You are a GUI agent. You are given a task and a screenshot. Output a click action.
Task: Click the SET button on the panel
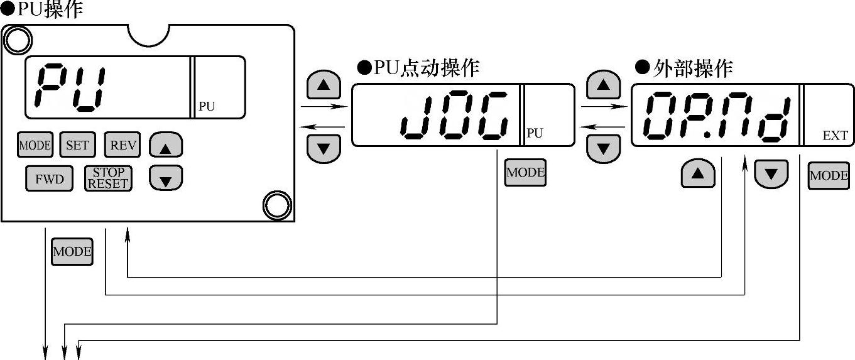(77, 145)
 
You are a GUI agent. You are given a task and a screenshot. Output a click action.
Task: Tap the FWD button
(49, 179)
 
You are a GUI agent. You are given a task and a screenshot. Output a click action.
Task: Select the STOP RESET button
(108, 178)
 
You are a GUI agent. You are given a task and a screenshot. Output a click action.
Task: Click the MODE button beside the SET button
(35, 145)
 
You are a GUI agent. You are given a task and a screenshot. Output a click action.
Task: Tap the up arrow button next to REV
(165, 146)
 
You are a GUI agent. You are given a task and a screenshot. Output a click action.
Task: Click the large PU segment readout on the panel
(70, 87)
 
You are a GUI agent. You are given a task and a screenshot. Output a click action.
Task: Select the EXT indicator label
(835, 136)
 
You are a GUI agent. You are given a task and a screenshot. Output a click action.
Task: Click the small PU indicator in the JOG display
(534, 133)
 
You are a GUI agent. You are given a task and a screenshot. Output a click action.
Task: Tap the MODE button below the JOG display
(525, 173)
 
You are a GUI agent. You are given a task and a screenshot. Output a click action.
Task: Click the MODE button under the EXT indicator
(829, 176)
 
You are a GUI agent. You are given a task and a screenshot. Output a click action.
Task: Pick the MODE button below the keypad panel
(72, 252)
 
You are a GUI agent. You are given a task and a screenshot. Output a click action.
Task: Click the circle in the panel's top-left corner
(18, 40)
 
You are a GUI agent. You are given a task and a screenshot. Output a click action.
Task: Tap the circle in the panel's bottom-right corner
(276, 205)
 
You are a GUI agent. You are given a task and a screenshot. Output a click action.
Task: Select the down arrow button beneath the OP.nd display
(771, 174)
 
